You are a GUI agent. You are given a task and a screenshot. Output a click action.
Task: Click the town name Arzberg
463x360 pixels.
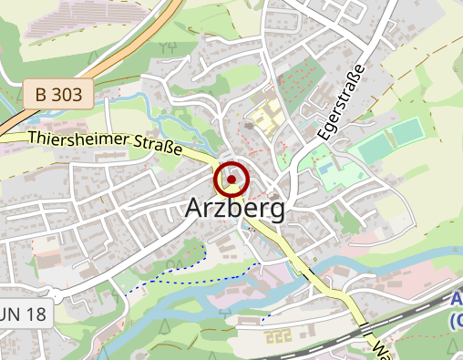tap(234, 208)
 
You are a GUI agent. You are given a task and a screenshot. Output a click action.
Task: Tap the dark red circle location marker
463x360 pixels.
tap(231, 180)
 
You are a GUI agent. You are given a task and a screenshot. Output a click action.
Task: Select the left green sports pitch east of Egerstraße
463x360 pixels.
tap(373, 147)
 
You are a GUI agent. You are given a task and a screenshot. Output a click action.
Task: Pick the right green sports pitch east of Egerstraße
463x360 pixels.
tap(406, 132)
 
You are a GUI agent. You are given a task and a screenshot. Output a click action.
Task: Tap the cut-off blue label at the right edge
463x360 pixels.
tap(457, 310)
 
